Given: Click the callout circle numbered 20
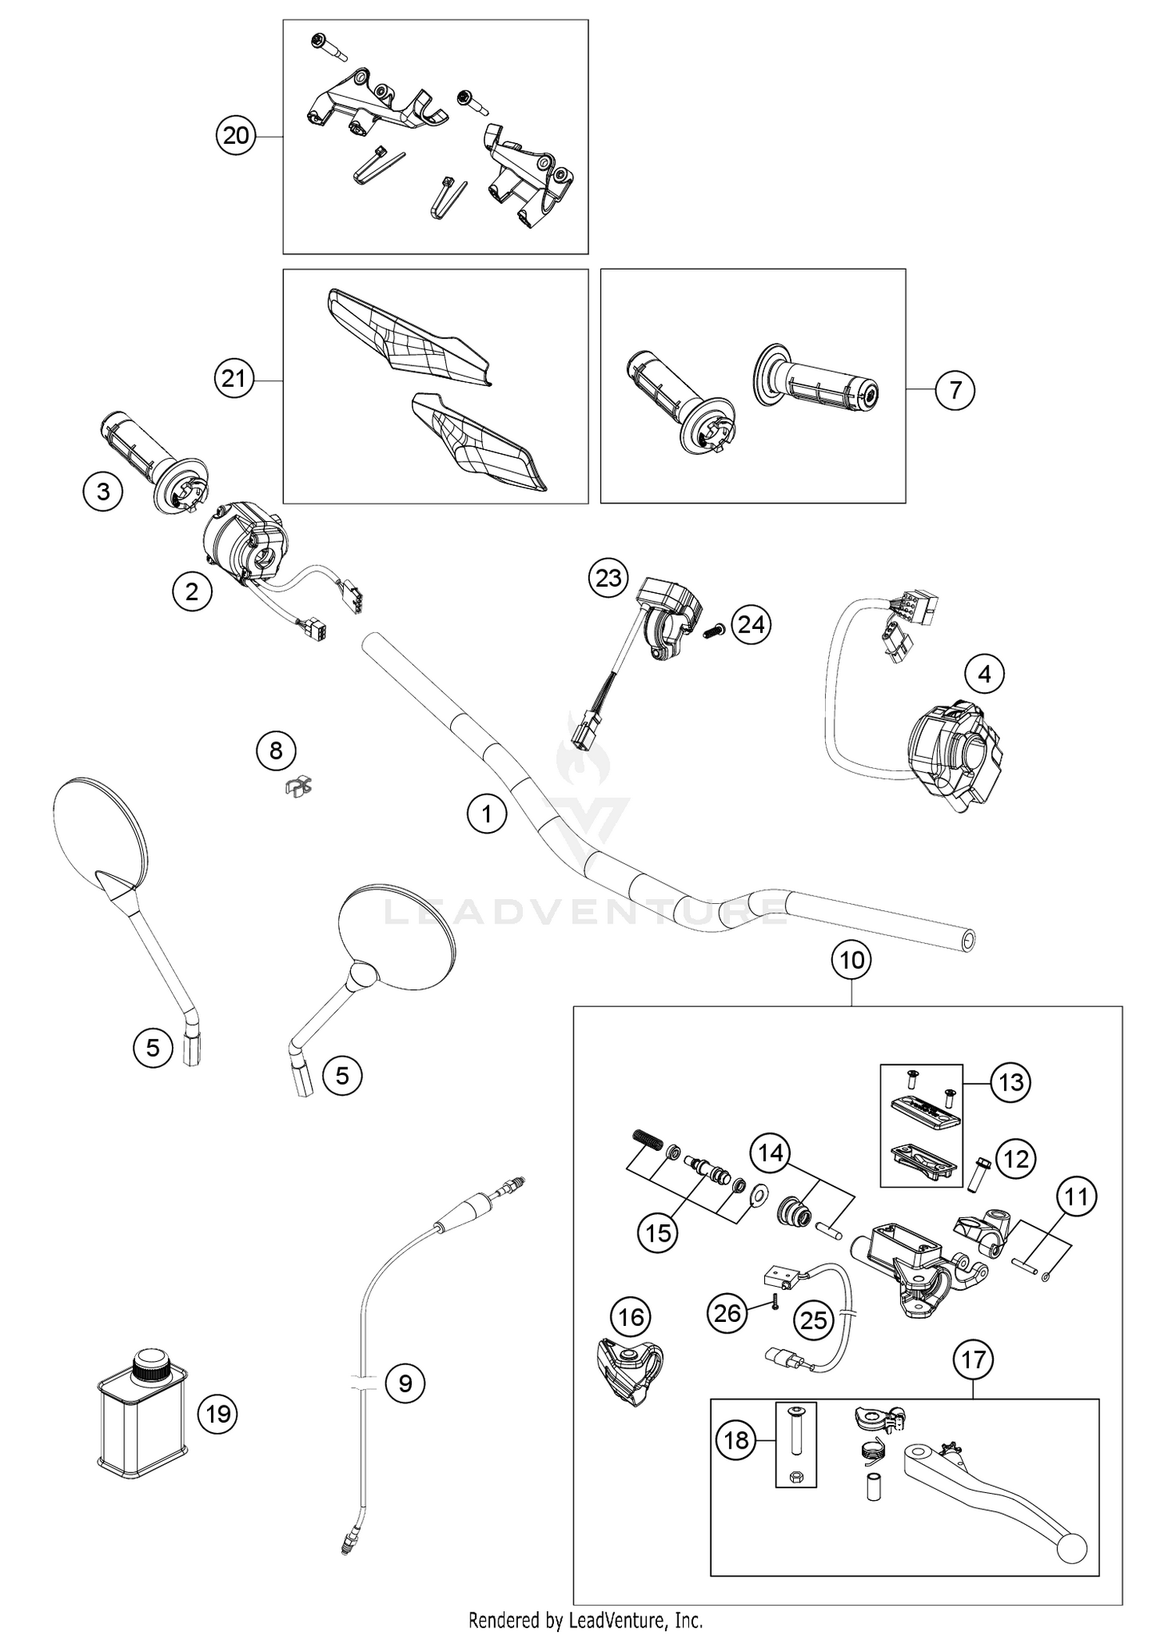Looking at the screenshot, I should [236, 136].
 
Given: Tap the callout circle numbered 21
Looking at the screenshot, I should [234, 379].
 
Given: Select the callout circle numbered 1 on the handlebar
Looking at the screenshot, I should [487, 814].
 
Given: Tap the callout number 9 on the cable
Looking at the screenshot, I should [405, 1384].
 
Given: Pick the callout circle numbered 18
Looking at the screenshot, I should [736, 1440].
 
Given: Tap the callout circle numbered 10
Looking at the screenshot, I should [852, 959].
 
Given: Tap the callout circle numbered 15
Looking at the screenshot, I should [658, 1233].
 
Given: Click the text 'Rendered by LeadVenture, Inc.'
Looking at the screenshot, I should [585, 1619].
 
